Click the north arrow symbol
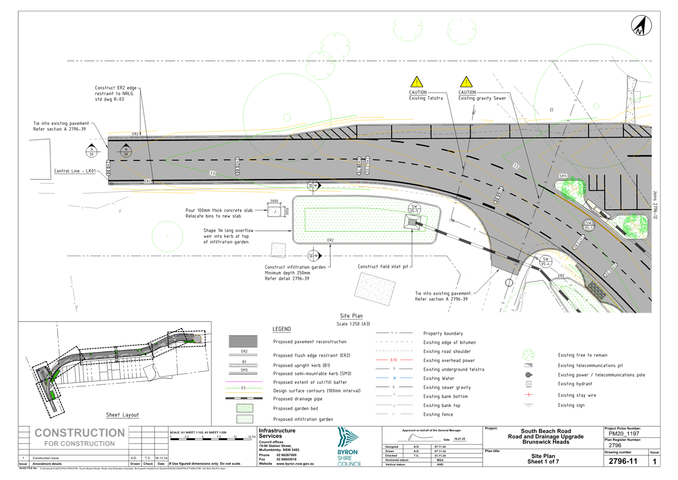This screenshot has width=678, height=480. pyautogui.click(x=641, y=25)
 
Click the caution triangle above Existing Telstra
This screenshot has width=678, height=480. pyautogui.click(x=416, y=82)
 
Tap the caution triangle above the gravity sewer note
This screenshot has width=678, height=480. pyautogui.click(x=466, y=82)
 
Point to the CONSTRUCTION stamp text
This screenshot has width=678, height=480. pyautogui.click(x=79, y=433)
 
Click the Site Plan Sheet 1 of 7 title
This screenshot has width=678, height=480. pyautogui.click(x=543, y=459)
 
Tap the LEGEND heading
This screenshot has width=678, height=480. pyautogui.click(x=282, y=330)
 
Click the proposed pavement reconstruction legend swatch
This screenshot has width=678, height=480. pyautogui.click(x=243, y=342)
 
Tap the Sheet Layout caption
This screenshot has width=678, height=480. pyautogui.click(x=122, y=415)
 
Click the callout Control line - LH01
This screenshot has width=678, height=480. pyautogui.click(x=74, y=171)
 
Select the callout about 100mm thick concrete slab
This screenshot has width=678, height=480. pyautogui.click(x=219, y=213)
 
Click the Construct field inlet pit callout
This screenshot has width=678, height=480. pyautogui.click(x=383, y=266)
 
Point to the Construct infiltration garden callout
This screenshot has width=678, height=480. pyautogui.click(x=296, y=272)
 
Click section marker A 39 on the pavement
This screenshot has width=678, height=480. pyautogui.click(x=125, y=150)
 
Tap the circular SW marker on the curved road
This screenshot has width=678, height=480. pyautogui.click(x=588, y=225)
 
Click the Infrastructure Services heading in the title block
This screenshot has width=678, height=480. pyautogui.click(x=277, y=433)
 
